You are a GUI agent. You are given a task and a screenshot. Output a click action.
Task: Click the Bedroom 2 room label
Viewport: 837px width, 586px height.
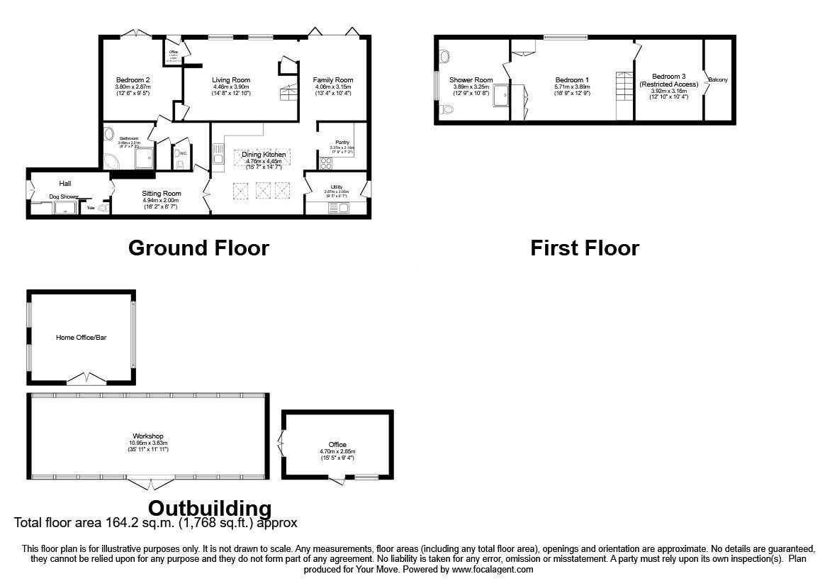pyautogui.click(x=133, y=80)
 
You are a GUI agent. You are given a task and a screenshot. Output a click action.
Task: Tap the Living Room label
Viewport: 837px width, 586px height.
pyautogui.click(x=231, y=80)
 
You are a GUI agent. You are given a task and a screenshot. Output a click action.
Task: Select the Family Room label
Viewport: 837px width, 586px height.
pyautogui.click(x=333, y=80)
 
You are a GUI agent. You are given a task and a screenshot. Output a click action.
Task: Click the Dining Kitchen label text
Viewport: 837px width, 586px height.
pyautogui.click(x=264, y=155)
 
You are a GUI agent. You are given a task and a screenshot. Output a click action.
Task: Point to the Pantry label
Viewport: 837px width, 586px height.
pyautogui.click(x=342, y=143)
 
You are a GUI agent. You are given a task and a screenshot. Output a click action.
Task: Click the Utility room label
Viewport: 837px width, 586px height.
pyautogui.click(x=337, y=187)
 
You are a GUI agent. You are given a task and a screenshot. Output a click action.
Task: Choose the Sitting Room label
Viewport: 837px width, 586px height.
pyautogui.click(x=162, y=193)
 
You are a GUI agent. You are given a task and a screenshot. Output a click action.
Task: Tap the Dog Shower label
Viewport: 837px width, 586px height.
pyautogui.click(x=63, y=197)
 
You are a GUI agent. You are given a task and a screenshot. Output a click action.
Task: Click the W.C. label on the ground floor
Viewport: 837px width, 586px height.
pyautogui.click(x=182, y=153)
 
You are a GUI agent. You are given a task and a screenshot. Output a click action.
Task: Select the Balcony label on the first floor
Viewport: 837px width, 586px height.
pyautogui.click(x=718, y=80)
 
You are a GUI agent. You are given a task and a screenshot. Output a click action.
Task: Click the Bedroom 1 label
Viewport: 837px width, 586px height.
pyautogui.click(x=571, y=80)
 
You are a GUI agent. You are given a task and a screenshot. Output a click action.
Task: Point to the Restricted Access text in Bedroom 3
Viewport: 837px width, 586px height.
pyautogui.click(x=669, y=84)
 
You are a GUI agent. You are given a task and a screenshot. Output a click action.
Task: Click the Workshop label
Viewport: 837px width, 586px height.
pyautogui.click(x=148, y=436)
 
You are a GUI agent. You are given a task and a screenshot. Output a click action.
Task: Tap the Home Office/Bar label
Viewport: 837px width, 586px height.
pyautogui.click(x=81, y=338)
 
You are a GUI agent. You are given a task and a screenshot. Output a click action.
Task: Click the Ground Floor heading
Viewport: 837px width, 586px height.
pyautogui.click(x=198, y=248)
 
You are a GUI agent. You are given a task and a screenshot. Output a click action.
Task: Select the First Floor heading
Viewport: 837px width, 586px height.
pyautogui.click(x=585, y=248)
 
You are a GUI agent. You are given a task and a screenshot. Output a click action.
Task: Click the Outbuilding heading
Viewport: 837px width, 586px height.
pyautogui.click(x=210, y=508)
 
